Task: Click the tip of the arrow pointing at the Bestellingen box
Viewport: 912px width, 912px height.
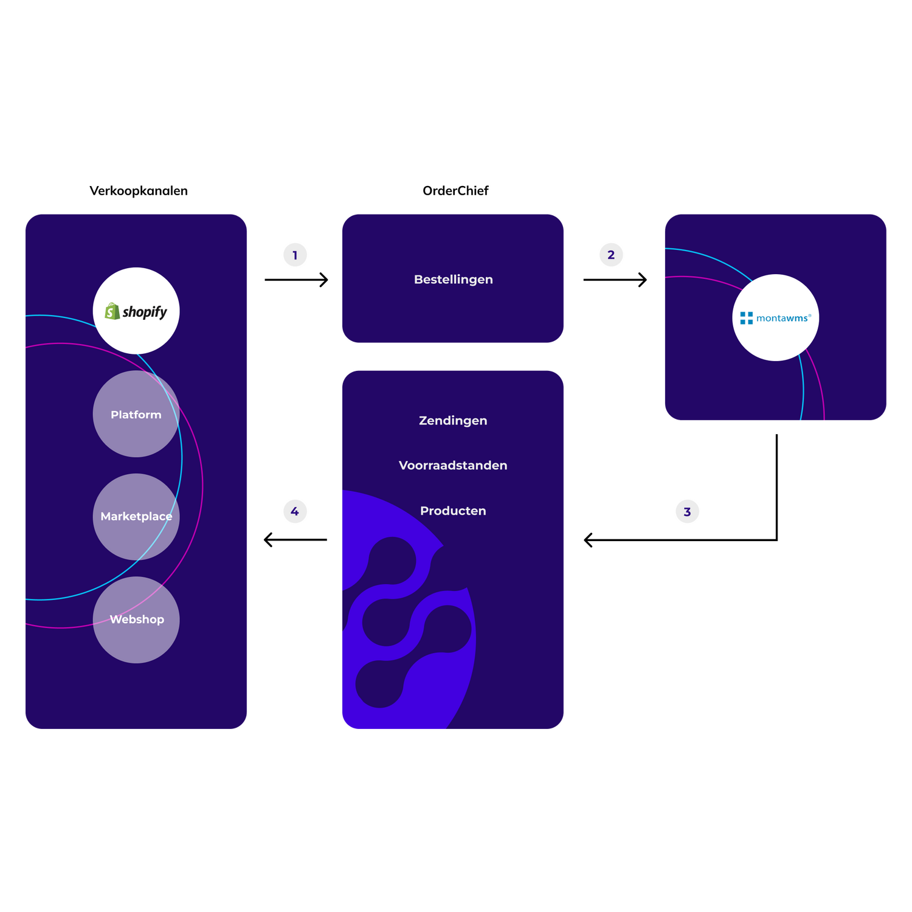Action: (x=328, y=280)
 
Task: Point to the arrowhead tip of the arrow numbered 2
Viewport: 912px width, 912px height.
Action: (x=646, y=280)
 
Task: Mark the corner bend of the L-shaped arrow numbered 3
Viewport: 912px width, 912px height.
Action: (x=776, y=539)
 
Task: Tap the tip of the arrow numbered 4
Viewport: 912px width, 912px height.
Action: (x=264, y=539)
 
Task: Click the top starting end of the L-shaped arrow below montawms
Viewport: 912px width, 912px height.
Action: (x=776, y=435)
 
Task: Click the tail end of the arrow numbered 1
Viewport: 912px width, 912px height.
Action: (x=265, y=280)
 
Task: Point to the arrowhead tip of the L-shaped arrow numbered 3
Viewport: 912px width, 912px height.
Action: (x=584, y=539)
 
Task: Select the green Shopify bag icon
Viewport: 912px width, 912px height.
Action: (x=112, y=311)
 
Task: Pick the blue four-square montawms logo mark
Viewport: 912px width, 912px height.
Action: (x=746, y=318)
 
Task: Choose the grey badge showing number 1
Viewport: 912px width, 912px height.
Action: (x=295, y=255)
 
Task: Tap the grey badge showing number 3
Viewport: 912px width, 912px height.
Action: (x=687, y=511)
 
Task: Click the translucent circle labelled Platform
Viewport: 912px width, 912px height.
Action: (x=136, y=413)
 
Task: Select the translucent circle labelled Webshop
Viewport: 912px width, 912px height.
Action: (x=136, y=620)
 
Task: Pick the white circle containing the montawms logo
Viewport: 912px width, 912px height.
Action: (x=775, y=317)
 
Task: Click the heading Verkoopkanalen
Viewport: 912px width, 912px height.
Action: (x=139, y=191)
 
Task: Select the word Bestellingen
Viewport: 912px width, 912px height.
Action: (x=453, y=280)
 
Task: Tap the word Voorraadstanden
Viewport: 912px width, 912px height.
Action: (x=453, y=465)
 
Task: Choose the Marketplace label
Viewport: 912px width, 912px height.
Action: (x=136, y=516)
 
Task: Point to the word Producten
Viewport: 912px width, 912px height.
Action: (x=453, y=511)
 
